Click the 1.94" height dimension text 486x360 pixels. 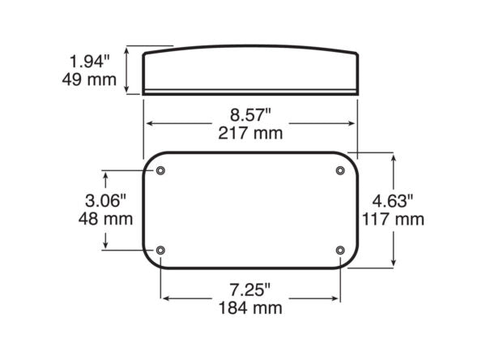point(88,60)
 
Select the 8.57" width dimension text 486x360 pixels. point(250,114)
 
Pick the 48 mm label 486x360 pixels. point(106,219)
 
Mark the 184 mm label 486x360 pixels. point(250,308)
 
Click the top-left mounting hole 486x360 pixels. point(160,170)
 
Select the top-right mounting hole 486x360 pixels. point(340,170)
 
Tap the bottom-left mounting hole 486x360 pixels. point(160,250)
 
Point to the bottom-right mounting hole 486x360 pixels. point(340,250)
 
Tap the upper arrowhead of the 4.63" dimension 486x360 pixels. point(394,156)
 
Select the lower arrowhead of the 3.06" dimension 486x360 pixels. point(106,245)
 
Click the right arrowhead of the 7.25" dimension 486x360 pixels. point(335,298)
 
